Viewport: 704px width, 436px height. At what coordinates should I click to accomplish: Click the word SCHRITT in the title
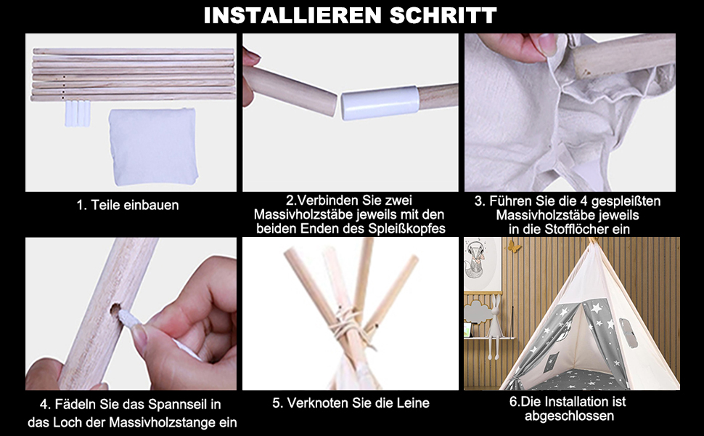[443, 15]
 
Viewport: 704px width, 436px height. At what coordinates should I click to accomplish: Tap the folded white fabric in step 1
[153, 147]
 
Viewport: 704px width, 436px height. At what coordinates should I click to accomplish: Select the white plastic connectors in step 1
[77, 113]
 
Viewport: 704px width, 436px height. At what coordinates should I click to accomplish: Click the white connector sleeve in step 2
[380, 103]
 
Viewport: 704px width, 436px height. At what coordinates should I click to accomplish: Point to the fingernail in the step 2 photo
[252, 56]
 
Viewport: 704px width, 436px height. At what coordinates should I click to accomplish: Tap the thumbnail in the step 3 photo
[547, 45]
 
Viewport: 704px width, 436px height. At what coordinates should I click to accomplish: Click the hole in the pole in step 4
[115, 310]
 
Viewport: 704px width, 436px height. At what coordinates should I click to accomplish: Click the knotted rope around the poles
[348, 326]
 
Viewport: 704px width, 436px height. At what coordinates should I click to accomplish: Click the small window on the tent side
[628, 333]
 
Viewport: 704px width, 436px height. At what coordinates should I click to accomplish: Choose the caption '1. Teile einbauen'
[128, 206]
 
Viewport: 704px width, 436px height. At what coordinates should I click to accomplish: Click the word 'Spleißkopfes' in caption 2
[406, 229]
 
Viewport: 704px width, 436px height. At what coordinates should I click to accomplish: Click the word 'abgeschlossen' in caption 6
[569, 416]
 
